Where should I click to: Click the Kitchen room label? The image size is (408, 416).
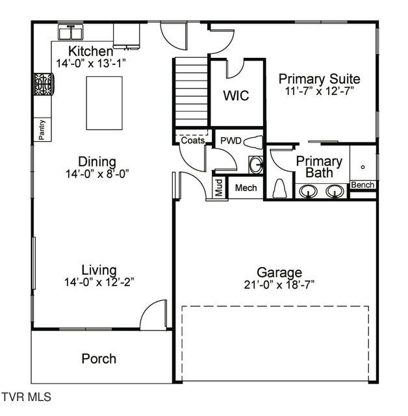[91, 51]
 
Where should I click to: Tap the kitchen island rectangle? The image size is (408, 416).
[105, 103]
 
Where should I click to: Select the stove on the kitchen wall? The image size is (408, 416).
[44, 85]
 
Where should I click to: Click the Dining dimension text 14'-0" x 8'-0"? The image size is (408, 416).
[97, 174]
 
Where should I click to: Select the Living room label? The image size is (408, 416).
[99, 270]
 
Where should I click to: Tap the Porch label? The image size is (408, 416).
[99, 359]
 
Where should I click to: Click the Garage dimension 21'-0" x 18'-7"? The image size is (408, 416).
[279, 285]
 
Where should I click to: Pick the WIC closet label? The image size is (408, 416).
[236, 96]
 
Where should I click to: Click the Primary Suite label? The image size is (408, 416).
[319, 79]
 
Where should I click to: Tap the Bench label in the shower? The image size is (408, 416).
[363, 185]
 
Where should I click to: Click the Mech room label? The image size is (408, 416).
[246, 188]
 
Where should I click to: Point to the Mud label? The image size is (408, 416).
[220, 187]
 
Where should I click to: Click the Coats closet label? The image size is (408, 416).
[193, 140]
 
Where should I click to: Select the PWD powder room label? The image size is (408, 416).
[231, 140]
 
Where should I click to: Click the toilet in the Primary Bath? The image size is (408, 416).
[280, 188]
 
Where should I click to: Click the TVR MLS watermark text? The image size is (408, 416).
[26, 396]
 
